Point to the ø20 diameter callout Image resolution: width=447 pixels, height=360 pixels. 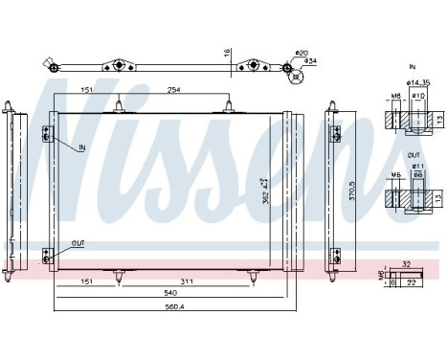click(x=300, y=52)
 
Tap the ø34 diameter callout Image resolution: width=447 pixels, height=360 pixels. click(x=311, y=62)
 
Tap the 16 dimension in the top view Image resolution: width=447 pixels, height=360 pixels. click(x=227, y=54)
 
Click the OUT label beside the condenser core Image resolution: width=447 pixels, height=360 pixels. click(x=77, y=242)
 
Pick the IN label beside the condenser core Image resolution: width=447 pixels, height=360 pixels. click(x=81, y=147)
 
